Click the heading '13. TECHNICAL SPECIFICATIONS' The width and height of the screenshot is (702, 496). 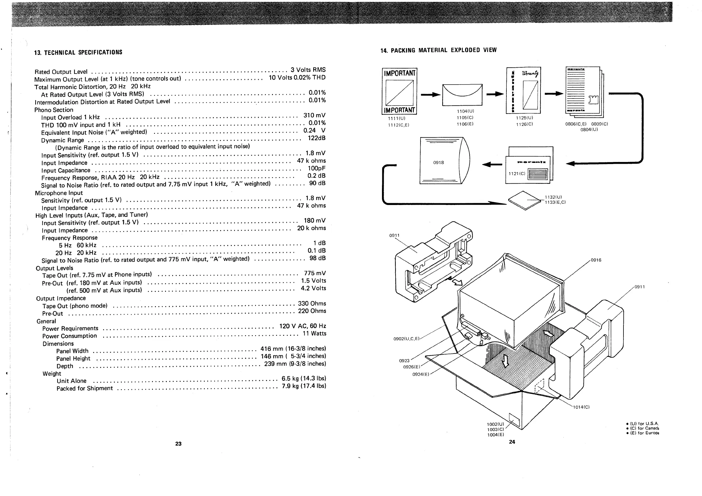click(78, 52)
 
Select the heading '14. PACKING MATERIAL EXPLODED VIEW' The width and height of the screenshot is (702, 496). click(439, 50)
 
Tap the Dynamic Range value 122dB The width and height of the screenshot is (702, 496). click(316, 138)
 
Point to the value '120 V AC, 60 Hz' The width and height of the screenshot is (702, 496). click(302, 326)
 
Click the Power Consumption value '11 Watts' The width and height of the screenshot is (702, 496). click(314, 334)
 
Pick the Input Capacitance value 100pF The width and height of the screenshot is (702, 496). click(316, 168)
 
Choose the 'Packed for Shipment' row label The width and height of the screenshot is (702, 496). click(85, 389)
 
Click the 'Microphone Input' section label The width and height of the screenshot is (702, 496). click(59, 193)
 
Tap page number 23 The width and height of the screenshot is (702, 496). click(179, 444)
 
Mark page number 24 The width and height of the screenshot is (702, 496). click(512, 442)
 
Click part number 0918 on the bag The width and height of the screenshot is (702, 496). click(439, 163)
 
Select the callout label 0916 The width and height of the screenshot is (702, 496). click(596, 260)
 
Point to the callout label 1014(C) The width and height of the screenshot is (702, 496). click(581, 407)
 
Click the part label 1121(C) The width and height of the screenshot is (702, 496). click(517, 174)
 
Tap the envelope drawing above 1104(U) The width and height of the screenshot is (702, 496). click(462, 95)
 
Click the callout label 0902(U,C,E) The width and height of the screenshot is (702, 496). click(406, 339)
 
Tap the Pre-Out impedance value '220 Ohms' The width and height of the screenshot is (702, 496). click(312, 311)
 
